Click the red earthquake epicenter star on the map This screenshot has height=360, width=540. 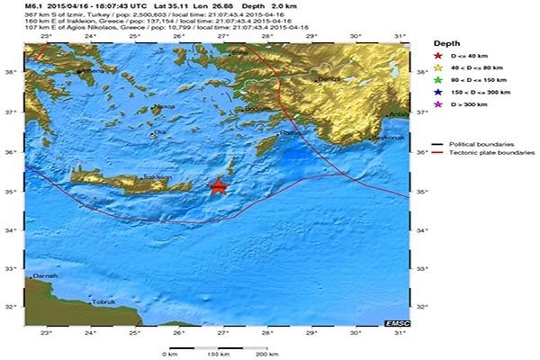218,186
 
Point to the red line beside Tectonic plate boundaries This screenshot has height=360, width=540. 438,153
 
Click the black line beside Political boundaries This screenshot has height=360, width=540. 438,144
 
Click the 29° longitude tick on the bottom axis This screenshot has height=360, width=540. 311,334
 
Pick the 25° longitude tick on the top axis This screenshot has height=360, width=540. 135,36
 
